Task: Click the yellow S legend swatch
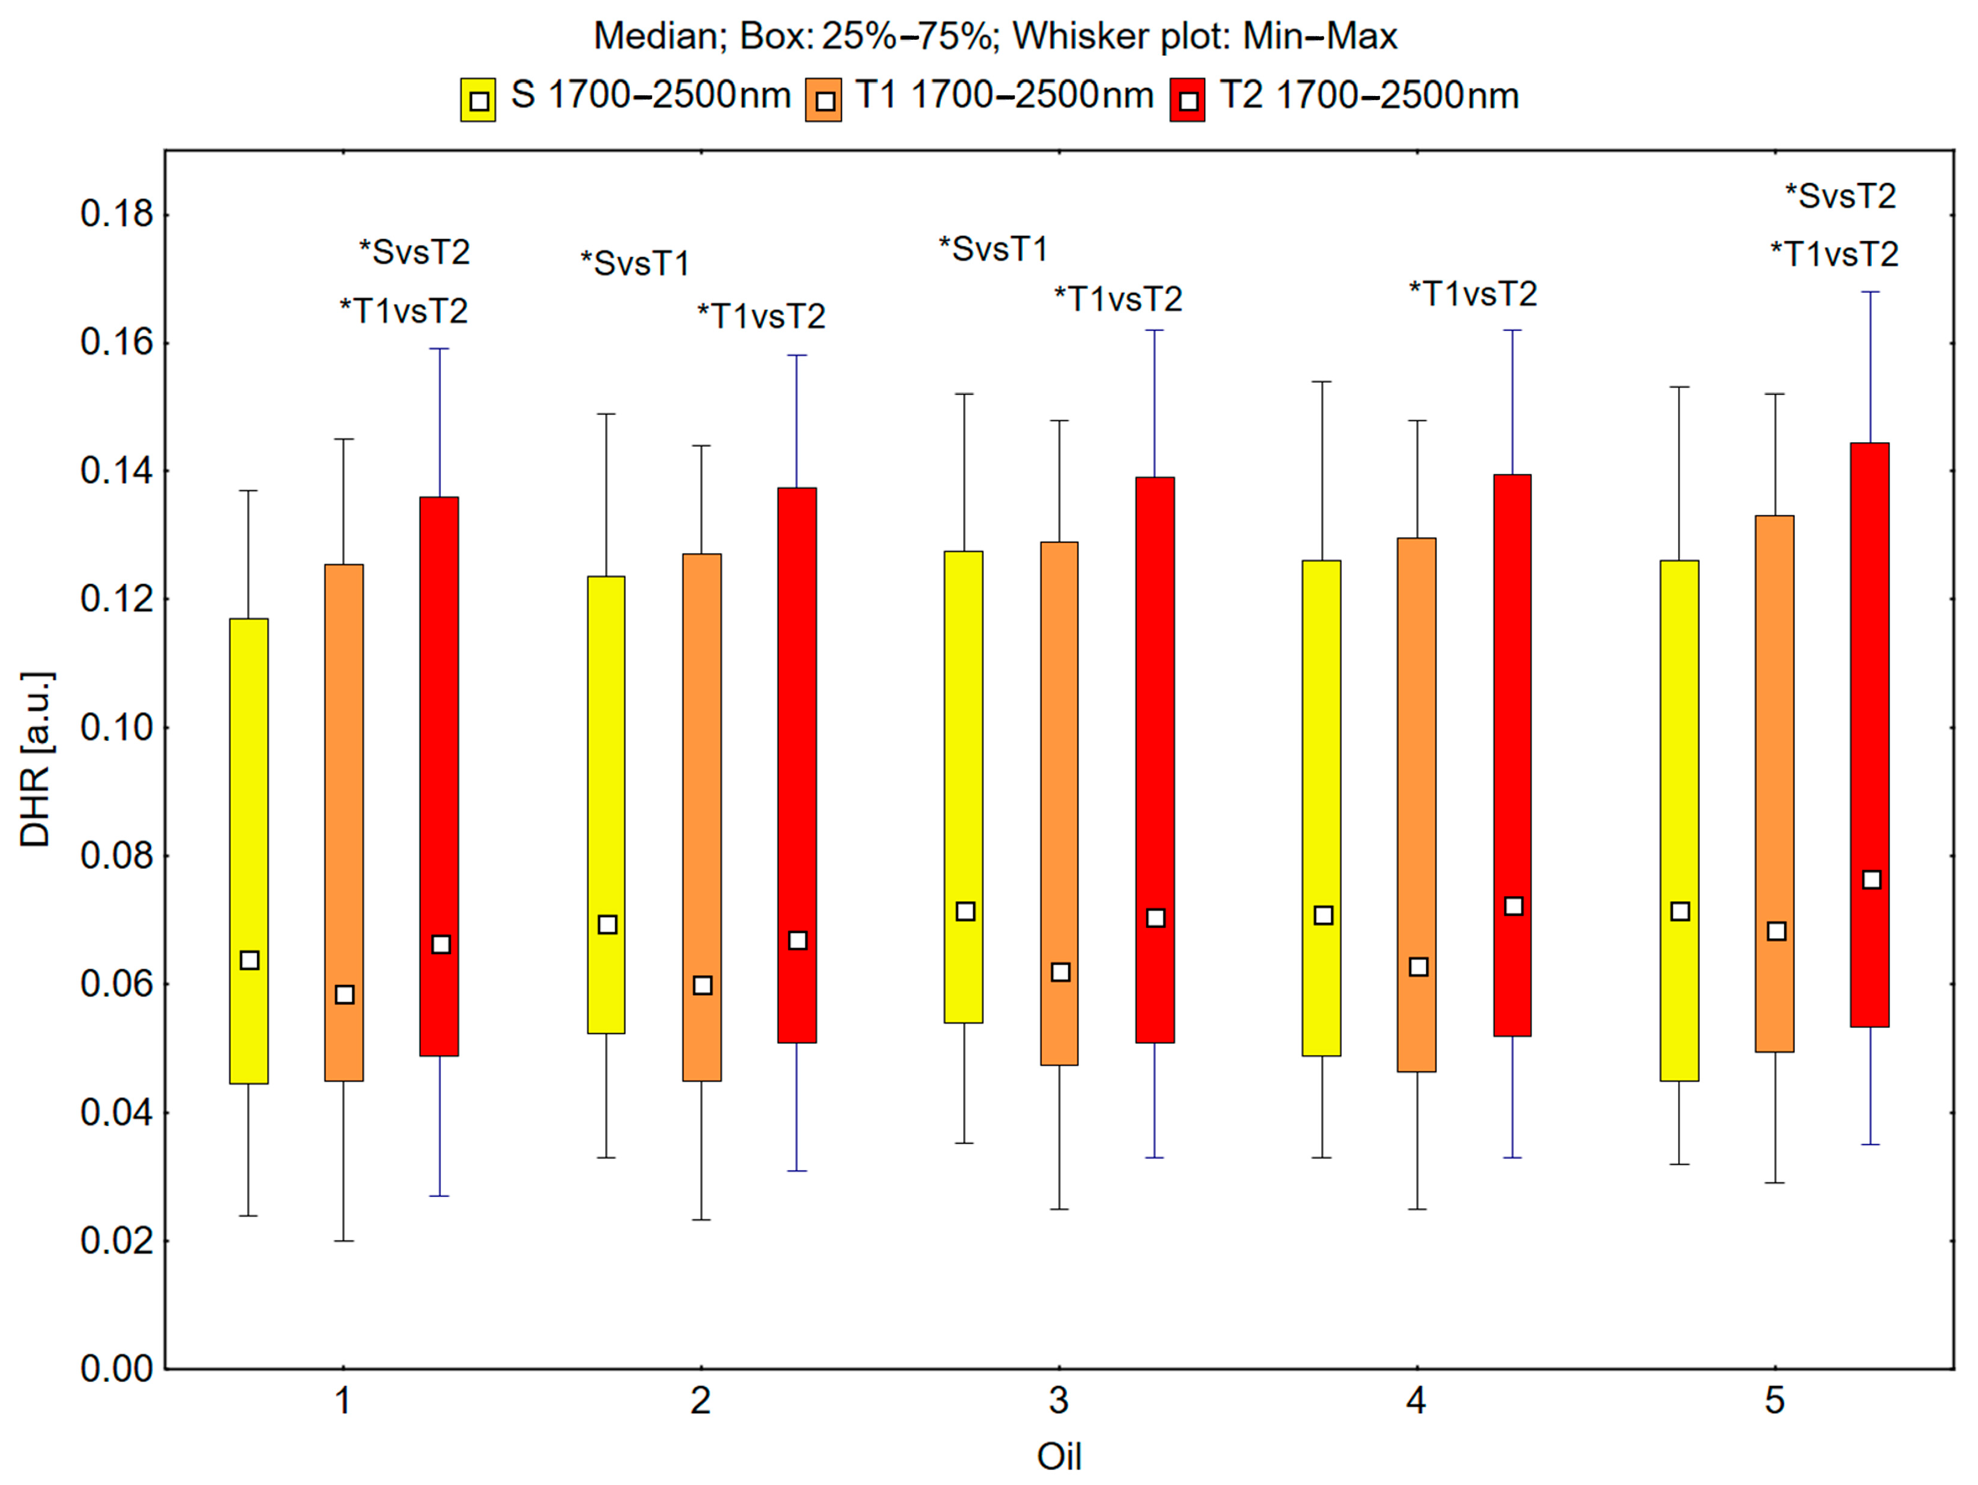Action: (479, 99)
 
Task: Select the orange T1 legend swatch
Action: (823, 99)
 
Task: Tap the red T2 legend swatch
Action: (1187, 99)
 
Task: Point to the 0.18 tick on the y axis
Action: (116, 214)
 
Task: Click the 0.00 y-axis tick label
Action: (116, 1368)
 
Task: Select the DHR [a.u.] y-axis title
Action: (36, 759)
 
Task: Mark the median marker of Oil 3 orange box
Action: (1061, 972)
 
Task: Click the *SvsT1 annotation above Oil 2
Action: (636, 264)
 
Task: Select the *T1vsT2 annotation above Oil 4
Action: (1473, 294)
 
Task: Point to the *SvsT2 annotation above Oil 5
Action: (1840, 196)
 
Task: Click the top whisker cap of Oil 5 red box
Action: (1870, 292)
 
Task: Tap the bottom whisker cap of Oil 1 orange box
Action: (344, 1241)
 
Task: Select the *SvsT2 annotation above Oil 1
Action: (414, 252)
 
